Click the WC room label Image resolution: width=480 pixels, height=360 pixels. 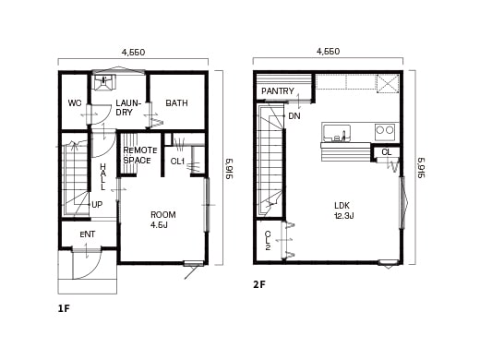coord(75,103)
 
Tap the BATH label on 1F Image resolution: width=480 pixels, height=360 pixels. coord(176,103)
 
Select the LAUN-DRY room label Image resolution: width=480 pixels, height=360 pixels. coord(126,108)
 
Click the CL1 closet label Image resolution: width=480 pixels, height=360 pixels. coord(177,162)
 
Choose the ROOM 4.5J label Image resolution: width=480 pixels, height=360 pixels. coord(162,220)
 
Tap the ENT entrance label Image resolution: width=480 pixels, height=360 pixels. coord(87,234)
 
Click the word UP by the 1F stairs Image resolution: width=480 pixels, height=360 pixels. coord(97,205)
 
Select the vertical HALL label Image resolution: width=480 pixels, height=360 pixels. coord(102,175)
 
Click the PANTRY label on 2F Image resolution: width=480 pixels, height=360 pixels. coord(277,91)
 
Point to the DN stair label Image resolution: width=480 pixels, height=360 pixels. coord(294,116)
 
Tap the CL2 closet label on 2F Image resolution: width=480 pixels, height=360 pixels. coord(268,241)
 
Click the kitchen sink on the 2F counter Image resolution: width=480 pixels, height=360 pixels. coord(336,132)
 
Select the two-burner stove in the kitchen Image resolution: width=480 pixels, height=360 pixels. coord(384,131)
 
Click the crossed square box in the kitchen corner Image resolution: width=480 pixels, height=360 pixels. coord(388,83)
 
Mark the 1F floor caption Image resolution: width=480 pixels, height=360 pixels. coord(64,308)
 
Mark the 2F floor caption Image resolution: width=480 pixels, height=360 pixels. coord(259,284)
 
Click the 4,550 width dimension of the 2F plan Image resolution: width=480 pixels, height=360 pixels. coord(328,52)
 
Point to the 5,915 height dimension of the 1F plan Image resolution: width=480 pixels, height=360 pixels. coord(228,168)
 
